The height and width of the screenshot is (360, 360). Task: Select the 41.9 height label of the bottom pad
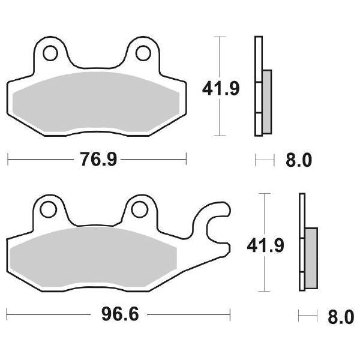265,245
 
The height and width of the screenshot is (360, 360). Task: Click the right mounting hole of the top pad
142,53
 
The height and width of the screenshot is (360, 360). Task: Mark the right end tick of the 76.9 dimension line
187,160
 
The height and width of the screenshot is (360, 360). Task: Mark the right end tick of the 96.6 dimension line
230,314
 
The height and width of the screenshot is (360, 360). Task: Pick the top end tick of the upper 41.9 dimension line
221,37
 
